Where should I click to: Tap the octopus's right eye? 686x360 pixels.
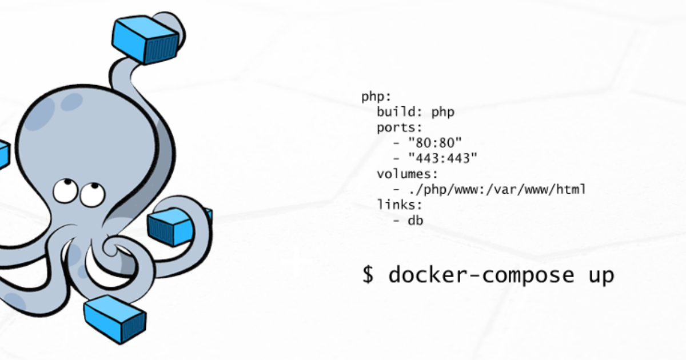point(89,194)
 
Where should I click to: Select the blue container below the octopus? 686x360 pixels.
point(115,319)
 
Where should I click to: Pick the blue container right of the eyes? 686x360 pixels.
point(174,226)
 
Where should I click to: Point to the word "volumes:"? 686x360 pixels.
point(407,174)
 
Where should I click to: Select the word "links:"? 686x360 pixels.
point(399,205)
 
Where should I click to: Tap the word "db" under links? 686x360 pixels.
point(416,220)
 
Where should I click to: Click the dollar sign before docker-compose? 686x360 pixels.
point(368,275)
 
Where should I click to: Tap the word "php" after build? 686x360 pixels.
point(442,112)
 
